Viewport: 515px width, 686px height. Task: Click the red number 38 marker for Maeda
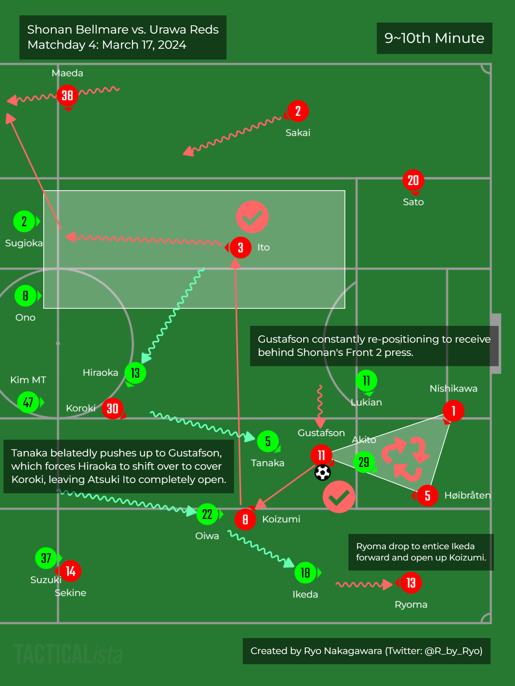tap(67, 95)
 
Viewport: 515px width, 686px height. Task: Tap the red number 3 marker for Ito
tap(240, 248)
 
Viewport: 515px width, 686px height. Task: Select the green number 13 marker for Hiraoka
tap(135, 373)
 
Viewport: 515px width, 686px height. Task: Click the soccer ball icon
tap(323, 472)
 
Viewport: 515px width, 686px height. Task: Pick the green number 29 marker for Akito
tap(364, 462)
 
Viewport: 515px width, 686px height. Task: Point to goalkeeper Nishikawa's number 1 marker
tap(453, 411)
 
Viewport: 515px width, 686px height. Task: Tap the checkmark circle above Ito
tap(252, 217)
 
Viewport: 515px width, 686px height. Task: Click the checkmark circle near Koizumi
tap(339, 497)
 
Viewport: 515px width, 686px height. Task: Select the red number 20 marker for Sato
tap(413, 180)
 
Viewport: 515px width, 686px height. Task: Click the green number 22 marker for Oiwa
tap(207, 514)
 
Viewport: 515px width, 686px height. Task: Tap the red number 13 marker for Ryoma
tap(411, 583)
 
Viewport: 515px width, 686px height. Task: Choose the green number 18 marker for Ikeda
tap(305, 573)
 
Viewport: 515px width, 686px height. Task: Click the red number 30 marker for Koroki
tap(112, 408)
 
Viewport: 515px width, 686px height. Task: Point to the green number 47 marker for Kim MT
tap(28, 402)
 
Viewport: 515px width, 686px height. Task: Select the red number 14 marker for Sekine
tap(71, 571)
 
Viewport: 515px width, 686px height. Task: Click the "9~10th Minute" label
tap(434, 38)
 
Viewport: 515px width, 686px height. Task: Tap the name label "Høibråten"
tap(467, 495)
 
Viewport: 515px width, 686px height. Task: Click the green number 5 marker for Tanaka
tap(268, 441)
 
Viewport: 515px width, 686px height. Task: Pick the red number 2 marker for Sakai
tap(298, 111)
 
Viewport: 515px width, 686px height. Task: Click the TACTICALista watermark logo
tap(68, 654)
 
